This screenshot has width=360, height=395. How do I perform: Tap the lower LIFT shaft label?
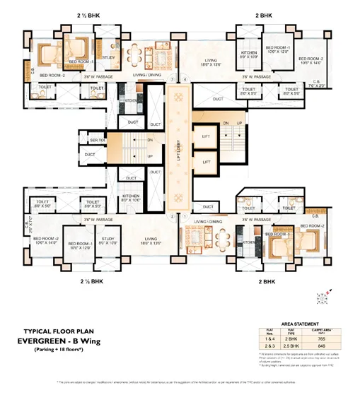207,162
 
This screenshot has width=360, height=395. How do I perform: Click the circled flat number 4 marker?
185,79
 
